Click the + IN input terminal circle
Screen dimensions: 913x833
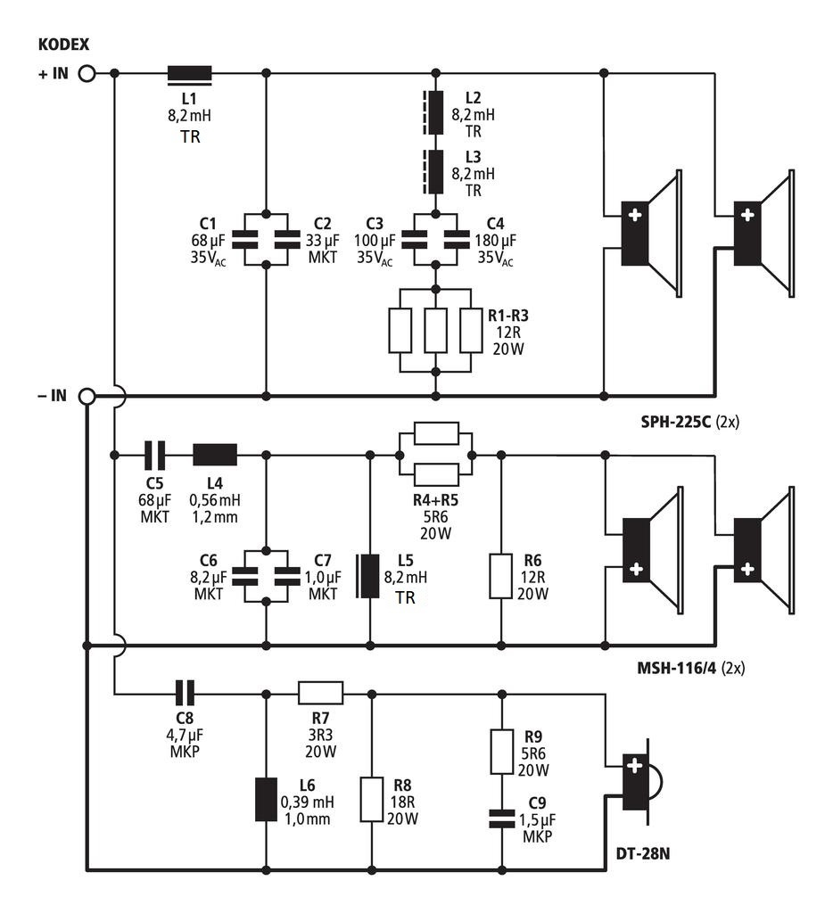(x=87, y=73)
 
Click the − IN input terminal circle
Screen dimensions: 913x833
(x=87, y=396)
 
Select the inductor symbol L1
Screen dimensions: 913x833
(x=190, y=74)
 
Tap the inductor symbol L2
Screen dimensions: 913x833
(x=435, y=111)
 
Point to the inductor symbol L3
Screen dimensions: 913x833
(x=435, y=172)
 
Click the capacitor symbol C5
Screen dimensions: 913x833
(x=155, y=455)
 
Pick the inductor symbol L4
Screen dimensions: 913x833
(x=215, y=455)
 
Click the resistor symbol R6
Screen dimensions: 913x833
(x=500, y=576)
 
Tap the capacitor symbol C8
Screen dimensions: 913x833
(x=184, y=692)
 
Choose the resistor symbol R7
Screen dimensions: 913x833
(x=320, y=692)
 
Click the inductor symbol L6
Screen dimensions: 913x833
(x=266, y=799)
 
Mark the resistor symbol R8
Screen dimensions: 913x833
(x=371, y=799)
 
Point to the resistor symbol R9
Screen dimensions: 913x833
(x=500, y=751)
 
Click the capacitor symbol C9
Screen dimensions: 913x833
(x=500, y=818)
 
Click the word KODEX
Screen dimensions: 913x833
(x=63, y=45)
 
